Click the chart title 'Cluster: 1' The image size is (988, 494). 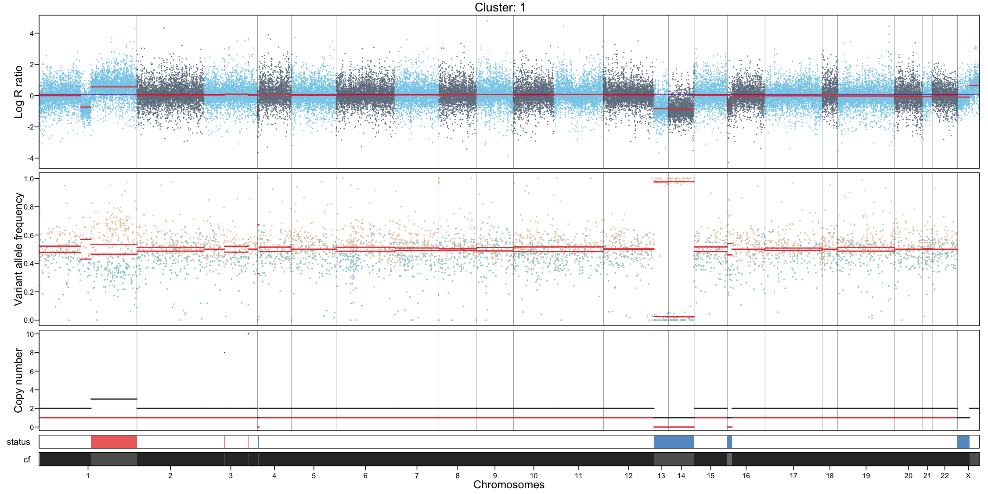[500, 7]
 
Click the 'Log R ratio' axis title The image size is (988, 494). [18, 92]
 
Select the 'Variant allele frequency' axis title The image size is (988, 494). [18, 249]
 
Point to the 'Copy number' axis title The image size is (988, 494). [18, 380]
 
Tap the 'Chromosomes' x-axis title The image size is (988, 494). [508, 485]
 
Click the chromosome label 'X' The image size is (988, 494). [968, 476]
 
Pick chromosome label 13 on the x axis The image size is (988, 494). [661, 476]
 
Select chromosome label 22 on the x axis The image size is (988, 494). [945, 476]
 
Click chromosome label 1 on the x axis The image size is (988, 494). [88, 476]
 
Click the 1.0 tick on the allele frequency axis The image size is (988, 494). [29, 179]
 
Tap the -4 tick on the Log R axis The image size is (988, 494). [30, 158]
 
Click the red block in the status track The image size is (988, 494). [114, 442]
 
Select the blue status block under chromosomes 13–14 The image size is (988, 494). [674, 442]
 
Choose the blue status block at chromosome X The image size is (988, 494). [963, 442]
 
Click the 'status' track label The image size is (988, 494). [18, 442]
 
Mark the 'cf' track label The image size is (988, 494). [27, 459]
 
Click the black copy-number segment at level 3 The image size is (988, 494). [114, 399]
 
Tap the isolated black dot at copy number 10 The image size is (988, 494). [248, 334]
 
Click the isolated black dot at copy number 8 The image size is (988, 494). [224, 353]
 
